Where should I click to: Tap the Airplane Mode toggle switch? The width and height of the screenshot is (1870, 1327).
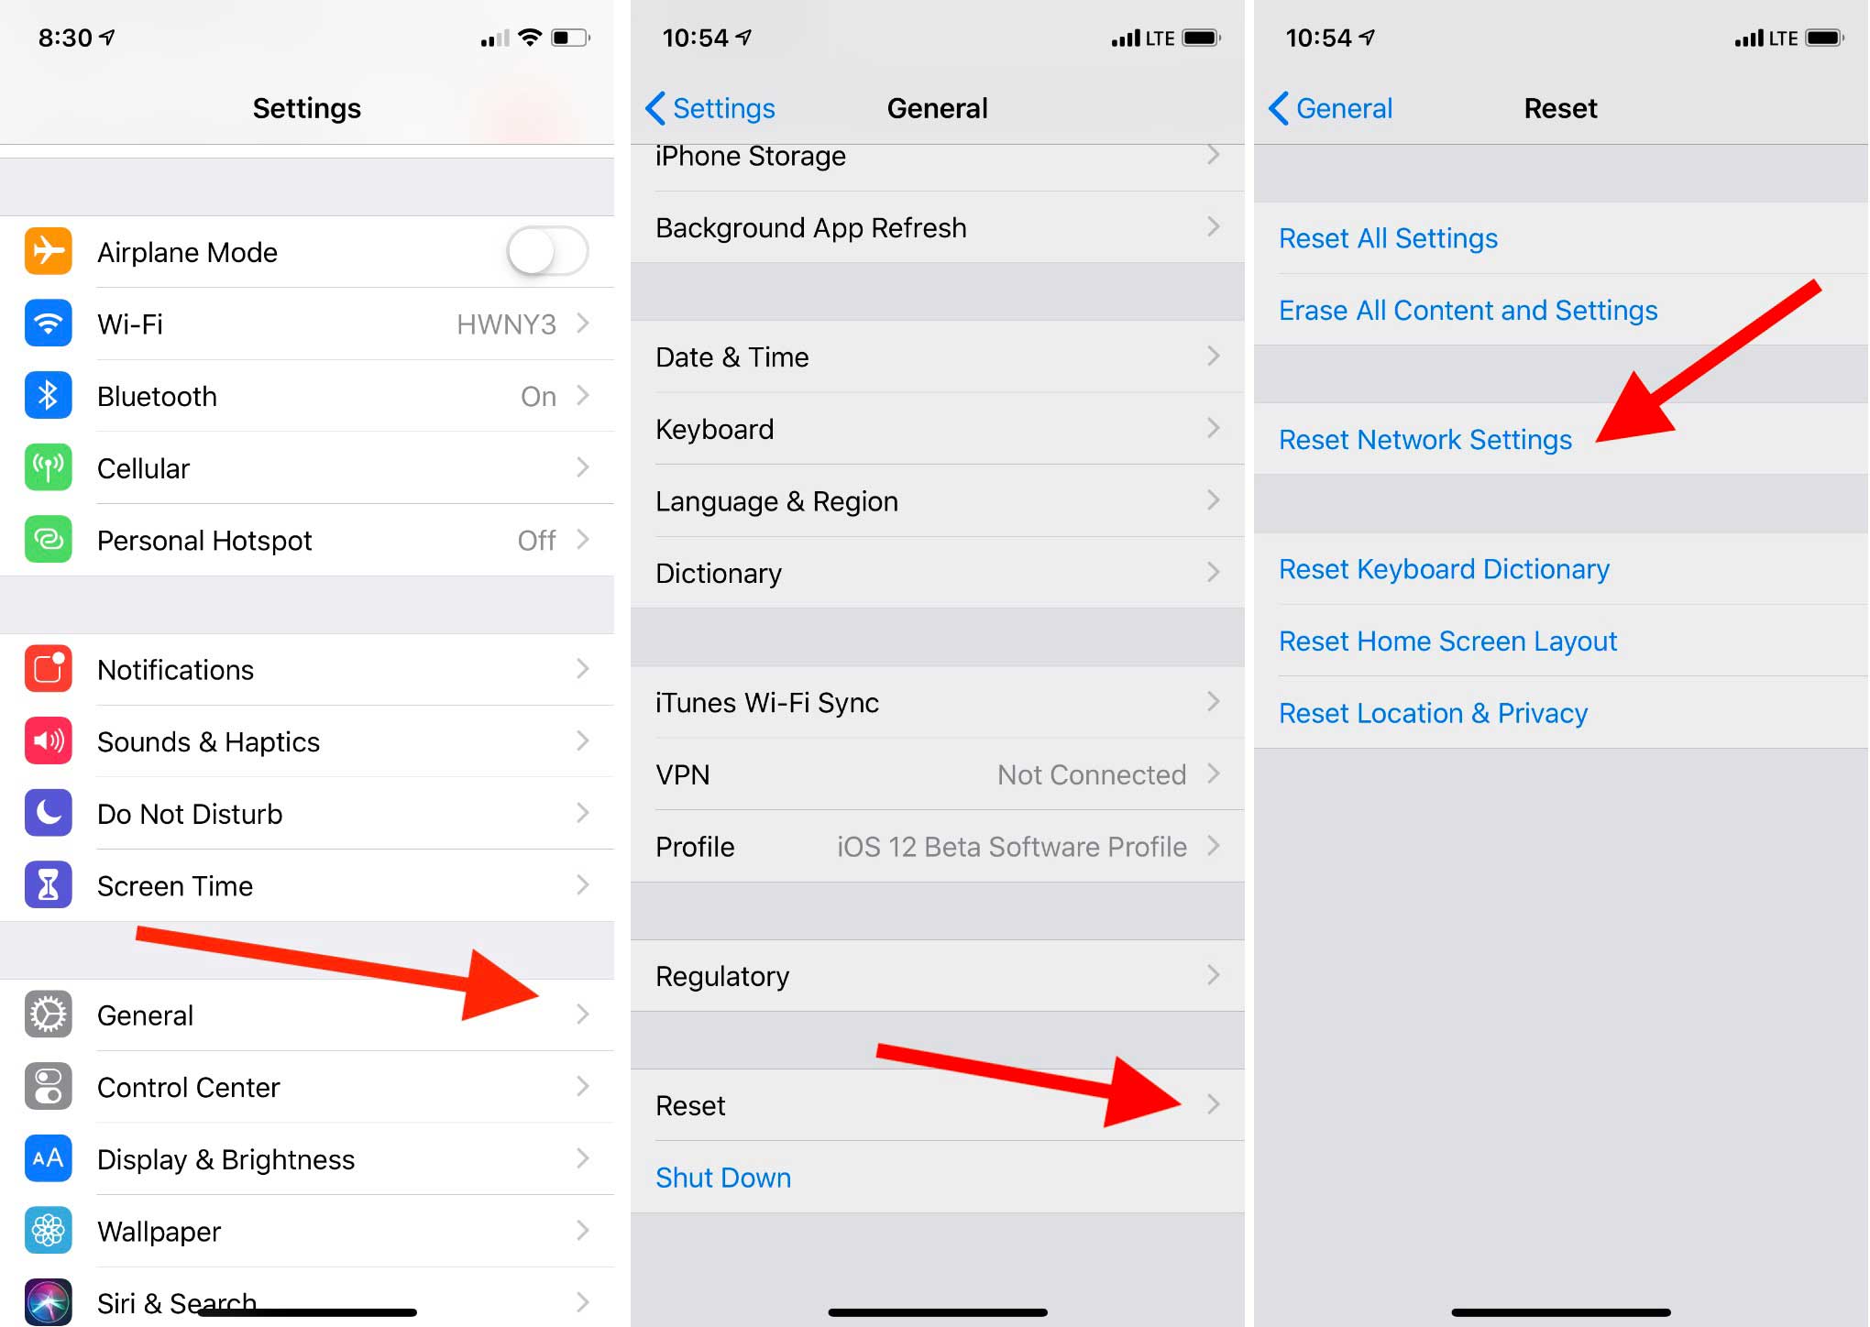(x=547, y=251)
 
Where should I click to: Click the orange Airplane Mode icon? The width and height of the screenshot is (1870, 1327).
(x=49, y=251)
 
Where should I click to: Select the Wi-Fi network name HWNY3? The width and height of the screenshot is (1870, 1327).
(x=506, y=324)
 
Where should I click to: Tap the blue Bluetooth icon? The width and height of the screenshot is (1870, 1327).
(x=49, y=396)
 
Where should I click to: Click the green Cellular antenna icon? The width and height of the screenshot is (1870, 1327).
(x=49, y=467)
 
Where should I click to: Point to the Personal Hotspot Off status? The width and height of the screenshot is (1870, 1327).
(x=536, y=541)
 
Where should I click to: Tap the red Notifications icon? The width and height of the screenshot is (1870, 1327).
(x=49, y=669)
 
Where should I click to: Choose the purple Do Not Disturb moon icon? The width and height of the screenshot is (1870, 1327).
(x=49, y=813)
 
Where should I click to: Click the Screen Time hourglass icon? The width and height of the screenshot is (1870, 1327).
(x=49, y=885)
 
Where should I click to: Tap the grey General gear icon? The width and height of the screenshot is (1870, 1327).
(x=49, y=1014)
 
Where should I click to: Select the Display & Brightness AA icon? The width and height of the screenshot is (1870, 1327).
(x=49, y=1158)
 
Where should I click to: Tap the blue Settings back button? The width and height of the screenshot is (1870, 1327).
(x=710, y=108)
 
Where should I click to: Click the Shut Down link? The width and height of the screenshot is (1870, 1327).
(x=723, y=1178)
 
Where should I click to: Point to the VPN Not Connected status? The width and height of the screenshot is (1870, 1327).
(x=1092, y=775)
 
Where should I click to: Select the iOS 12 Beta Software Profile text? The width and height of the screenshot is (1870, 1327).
(x=1012, y=847)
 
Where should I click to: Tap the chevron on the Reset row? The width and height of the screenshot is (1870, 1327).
(x=1214, y=1104)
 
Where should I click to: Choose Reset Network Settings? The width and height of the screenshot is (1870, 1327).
(x=1425, y=440)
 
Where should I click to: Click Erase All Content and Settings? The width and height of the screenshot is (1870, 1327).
(x=1468, y=311)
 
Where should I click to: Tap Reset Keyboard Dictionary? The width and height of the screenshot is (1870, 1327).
(x=1444, y=569)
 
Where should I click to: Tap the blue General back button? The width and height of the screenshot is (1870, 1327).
(x=1331, y=108)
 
